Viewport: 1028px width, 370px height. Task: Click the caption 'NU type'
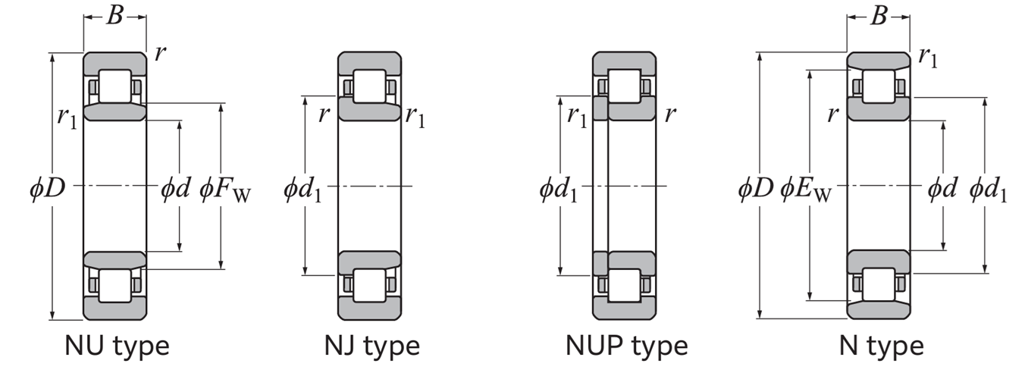click(116, 346)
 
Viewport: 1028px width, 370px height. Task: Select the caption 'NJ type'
click(371, 346)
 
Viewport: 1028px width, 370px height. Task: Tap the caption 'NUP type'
click(626, 346)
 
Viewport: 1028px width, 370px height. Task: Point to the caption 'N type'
click(881, 346)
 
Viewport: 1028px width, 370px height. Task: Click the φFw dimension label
click(225, 188)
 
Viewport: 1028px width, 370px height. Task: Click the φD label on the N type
click(756, 187)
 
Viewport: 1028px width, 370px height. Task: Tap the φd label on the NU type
click(175, 187)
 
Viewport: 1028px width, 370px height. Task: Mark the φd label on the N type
click(942, 187)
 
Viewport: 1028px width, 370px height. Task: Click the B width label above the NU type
click(114, 15)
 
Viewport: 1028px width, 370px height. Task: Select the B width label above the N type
click(878, 15)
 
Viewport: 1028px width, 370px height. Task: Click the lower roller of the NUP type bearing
click(625, 285)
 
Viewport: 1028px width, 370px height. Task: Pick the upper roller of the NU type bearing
click(114, 86)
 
